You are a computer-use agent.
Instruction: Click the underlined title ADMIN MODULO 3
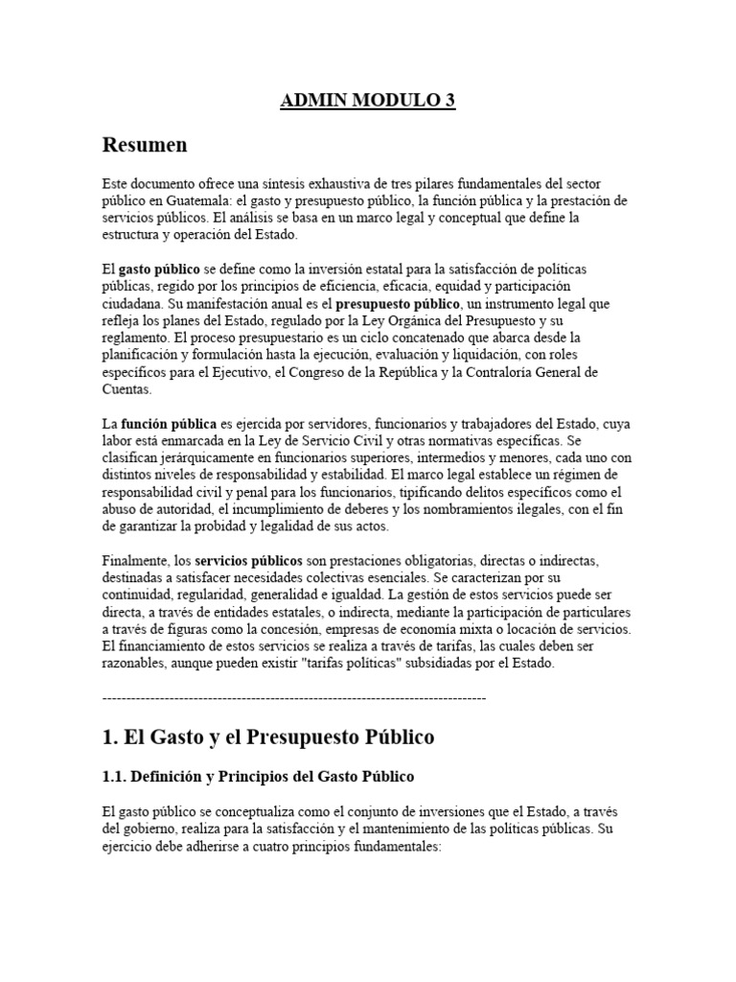click(x=368, y=103)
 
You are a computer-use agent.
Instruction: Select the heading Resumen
click(x=145, y=145)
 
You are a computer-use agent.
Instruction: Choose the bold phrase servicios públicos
click(x=249, y=559)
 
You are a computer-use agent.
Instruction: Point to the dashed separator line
click(x=293, y=698)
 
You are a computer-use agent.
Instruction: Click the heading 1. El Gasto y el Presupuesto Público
click(x=267, y=737)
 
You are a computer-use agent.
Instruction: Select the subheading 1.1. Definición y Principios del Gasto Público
click(x=258, y=776)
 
